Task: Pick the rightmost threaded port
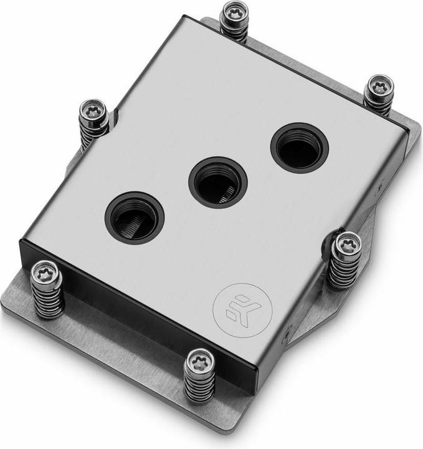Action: (299, 147)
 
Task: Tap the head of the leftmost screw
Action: (47, 270)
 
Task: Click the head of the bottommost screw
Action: (200, 360)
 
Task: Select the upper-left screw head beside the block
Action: (94, 110)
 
